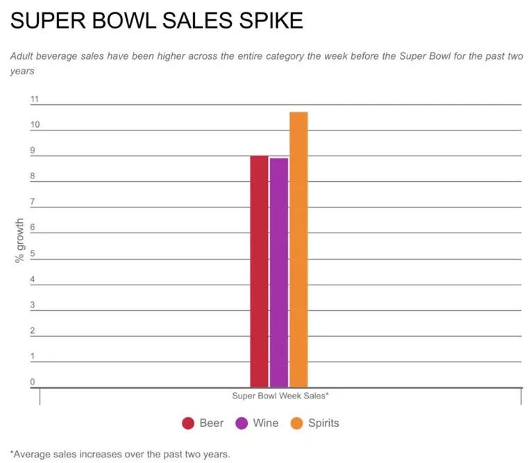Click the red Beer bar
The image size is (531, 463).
coord(259,271)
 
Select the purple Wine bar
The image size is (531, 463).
coord(279,272)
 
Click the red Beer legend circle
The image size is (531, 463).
coord(187,423)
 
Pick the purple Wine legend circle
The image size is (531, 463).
coord(242,423)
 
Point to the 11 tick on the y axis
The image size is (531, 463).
coord(34,99)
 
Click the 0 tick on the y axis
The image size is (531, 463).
coord(32,382)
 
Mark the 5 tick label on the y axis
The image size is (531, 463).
coord(32,253)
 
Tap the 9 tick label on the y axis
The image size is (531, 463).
coord(32,151)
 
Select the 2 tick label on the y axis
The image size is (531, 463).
coord(32,330)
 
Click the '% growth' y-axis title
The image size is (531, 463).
coord(19,240)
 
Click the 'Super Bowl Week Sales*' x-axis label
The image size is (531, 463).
coord(280,396)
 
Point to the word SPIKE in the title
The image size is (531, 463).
coord(267,21)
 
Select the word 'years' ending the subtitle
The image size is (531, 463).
coord(22,71)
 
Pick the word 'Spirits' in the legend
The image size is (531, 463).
coord(324,423)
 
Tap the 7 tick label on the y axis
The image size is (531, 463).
coord(32,202)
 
